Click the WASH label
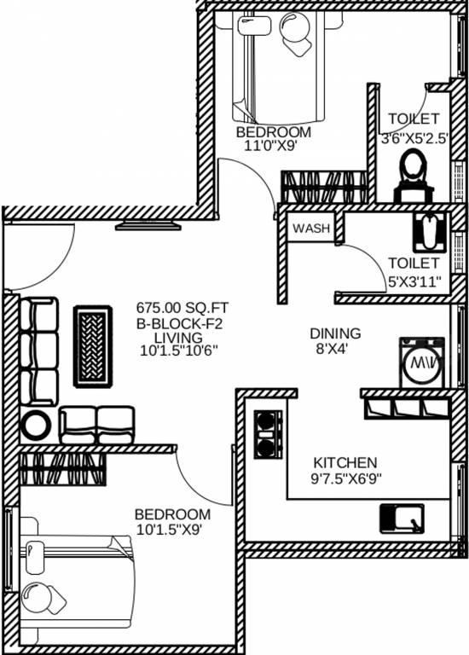311,229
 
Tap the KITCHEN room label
345,463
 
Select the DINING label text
335,333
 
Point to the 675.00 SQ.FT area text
182,308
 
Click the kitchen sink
402,519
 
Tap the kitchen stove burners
268,434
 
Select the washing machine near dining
422,362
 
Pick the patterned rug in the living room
93,346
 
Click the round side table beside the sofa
36,426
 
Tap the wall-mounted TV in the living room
148,226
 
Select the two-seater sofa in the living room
97,425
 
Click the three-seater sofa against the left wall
39,351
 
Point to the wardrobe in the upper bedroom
324,187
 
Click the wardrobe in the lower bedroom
62,470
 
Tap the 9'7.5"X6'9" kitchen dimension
346,478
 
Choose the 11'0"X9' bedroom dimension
273,146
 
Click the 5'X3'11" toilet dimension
414,281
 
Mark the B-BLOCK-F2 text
179,323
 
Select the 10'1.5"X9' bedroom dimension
170,530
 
